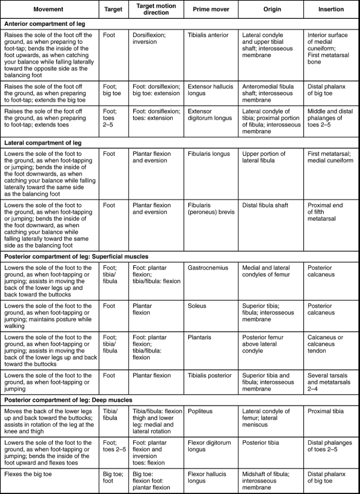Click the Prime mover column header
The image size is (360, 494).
(211, 9)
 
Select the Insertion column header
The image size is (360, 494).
(331, 9)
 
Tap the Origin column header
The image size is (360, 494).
(272, 9)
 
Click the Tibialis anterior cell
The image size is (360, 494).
(208, 35)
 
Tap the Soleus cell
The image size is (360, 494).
(197, 306)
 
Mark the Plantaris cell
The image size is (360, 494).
(199, 337)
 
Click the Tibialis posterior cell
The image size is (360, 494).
(209, 375)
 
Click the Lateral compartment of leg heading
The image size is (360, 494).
(43, 143)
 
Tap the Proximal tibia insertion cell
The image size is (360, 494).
(326, 411)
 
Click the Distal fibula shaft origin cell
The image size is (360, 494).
(265, 205)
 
